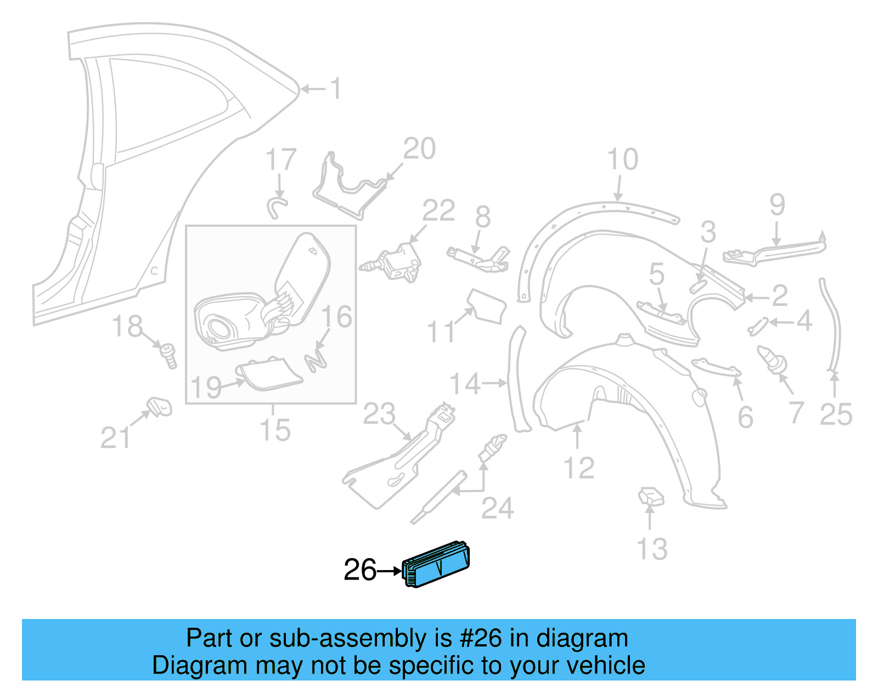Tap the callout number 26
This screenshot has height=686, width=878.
[x=359, y=570]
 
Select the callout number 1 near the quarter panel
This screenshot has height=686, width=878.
[x=335, y=88]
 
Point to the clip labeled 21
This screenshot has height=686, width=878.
[x=160, y=406]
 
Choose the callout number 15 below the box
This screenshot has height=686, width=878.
[x=275, y=430]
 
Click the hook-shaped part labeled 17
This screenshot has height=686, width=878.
[x=277, y=207]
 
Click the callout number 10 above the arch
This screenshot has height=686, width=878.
[x=623, y=160]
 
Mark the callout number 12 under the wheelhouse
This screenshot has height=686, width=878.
[x=578, y=468]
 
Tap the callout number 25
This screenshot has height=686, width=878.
[x=836, y=414]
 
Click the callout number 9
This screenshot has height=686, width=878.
[x=777, y=205]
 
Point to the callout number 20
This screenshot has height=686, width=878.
[x=419, y=149]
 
